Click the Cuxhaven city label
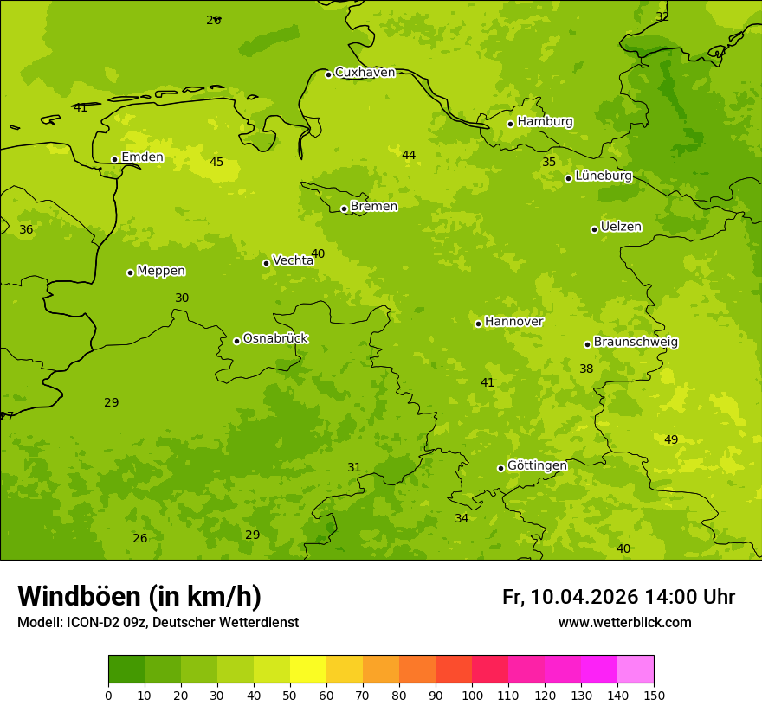click(x=365, y=73)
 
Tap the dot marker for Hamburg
click(x=511, y=124)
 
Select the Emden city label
click(x=142, y=157)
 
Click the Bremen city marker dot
click(x=344, y=208)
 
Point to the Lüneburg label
click(x=603, y=176)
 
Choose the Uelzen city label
click(x=621, y=227)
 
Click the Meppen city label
click(x=161, y=271)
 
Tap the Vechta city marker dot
click(x=266, y=263)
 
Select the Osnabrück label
click(x=275, y=338)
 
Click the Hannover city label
click(x=513, y=322)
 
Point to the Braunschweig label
click(x=636, y=343)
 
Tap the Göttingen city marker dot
click(x=500, y=468)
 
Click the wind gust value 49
click(x=671, y=439)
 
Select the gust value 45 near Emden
click(x=216, y=162)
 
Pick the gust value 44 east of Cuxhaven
click(x=409, y=155)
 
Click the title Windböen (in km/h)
click(x=139, y=596)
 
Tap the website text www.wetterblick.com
click(x=624, y=622)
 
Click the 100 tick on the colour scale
click(x=472, y=695)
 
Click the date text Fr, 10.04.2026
click(x=570, y=597)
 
